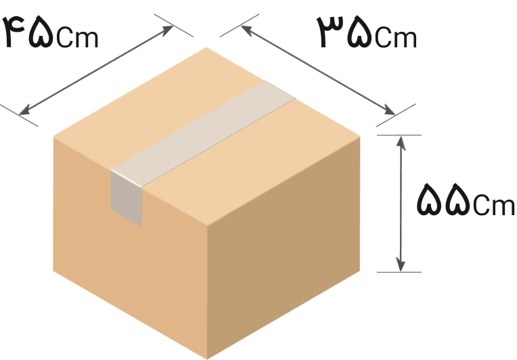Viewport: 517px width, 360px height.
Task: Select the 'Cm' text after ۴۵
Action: click(78, 38)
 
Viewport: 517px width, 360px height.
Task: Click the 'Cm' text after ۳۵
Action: click(395, 38)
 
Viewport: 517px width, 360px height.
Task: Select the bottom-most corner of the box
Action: click(208, 357)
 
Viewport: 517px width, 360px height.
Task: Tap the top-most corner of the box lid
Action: click(206, 47)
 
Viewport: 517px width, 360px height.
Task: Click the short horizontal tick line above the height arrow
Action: click(399, 135)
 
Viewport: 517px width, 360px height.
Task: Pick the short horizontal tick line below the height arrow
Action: click(399, 273)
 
